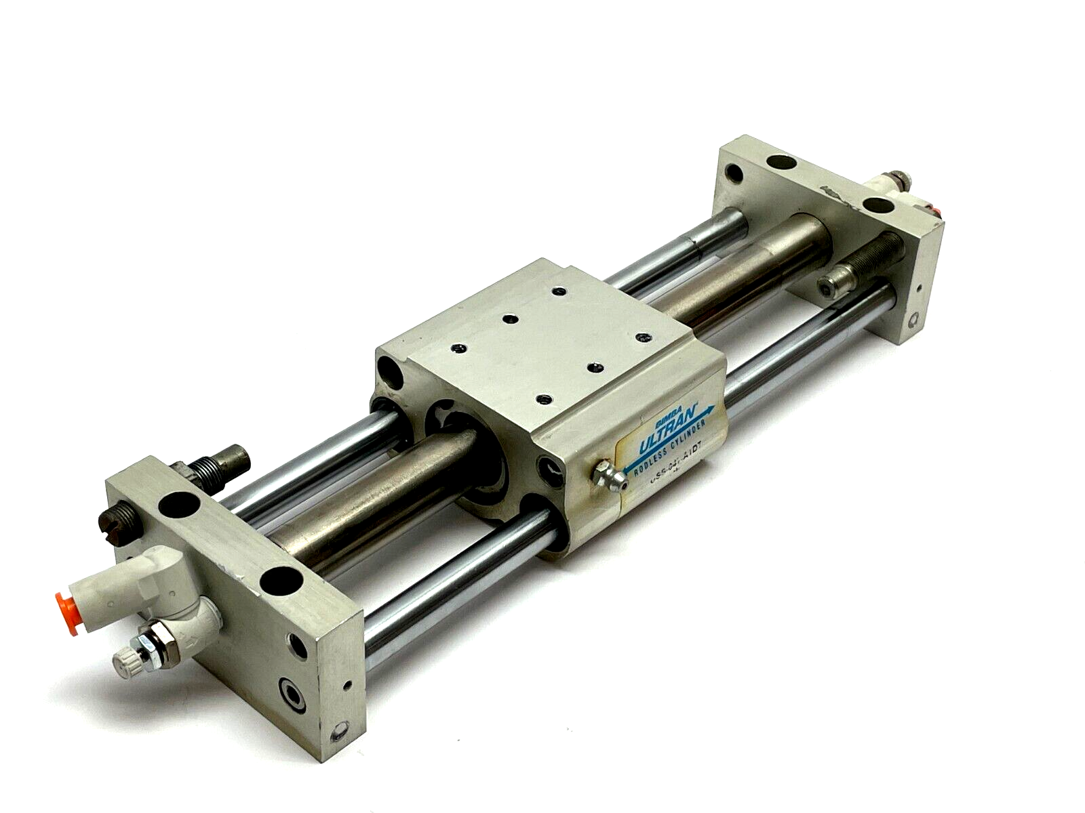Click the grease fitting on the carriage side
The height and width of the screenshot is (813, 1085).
point(603,475)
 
